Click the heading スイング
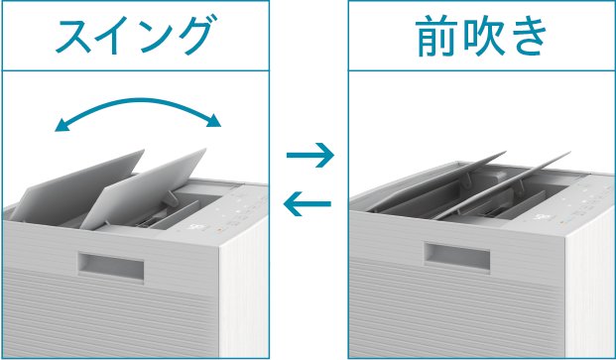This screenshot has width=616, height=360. click(135, 36)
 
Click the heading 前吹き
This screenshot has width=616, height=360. click(481, 36)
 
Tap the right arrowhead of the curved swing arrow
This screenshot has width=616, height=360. click(214, 120)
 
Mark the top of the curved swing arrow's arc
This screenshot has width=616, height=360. click(139, 99)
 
